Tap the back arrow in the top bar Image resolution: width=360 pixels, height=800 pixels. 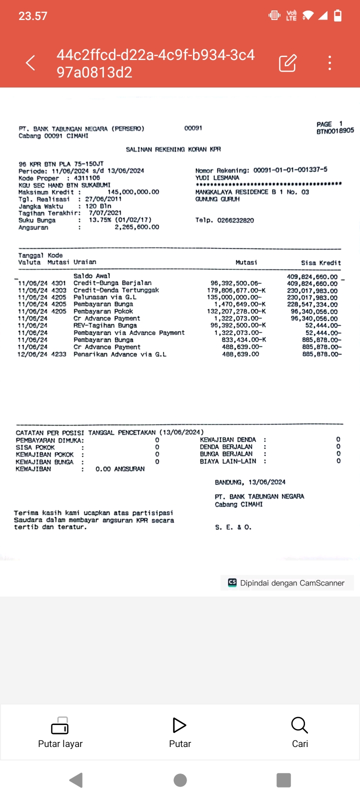(x=30, y=63)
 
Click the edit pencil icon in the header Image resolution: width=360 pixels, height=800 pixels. (x=287, y=63)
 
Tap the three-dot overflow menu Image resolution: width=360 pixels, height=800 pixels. (x=329, y=63)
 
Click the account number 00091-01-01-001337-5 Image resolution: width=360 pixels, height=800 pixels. (x=290, y=170)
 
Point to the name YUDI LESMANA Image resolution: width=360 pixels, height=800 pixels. (x=217, y=177)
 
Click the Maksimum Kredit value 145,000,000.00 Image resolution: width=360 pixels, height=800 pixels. (x=133, y=192)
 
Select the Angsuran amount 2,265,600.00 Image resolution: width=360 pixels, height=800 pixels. (x=136, y=227)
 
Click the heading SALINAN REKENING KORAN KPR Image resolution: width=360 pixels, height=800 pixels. (x=173, y=149)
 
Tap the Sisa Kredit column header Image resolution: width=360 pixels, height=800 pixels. (x=320, y=262)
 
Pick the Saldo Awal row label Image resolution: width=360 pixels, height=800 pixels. (x=91, y=276)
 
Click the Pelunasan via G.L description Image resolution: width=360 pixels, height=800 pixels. (x=104, y=297)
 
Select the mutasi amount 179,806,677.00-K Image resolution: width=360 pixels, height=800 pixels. (x=236, y=290)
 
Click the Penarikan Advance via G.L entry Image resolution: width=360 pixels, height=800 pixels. (x=119, y=354)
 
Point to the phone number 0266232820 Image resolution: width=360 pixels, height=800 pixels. (x=235, y=220)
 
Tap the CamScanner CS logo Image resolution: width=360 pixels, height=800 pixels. (x=232, y=582)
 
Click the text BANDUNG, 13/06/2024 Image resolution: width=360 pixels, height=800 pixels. (x=250, y=482)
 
